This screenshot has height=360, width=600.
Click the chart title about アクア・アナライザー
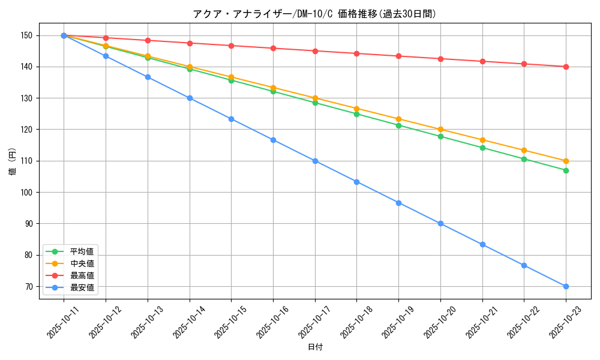(314, 14)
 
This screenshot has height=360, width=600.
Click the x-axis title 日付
(315, 347)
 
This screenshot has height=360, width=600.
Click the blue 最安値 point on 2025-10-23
(566, 286)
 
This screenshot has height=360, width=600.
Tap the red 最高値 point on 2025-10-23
(566, 67)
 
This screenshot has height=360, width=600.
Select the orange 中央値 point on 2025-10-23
(566, 161)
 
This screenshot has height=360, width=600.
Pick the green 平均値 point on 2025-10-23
(566, 170)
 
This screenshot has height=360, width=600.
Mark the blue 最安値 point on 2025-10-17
(315, 161)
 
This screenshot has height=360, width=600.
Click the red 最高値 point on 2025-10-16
(273, 48)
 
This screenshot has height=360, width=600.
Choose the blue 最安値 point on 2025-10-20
(440, 223)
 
